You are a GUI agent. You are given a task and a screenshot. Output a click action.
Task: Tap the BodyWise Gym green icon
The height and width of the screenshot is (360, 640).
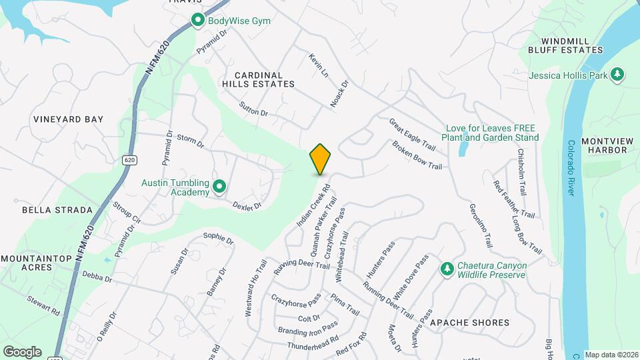[197, 21]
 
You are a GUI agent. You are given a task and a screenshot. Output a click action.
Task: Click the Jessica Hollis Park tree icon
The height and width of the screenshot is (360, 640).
[618, 75]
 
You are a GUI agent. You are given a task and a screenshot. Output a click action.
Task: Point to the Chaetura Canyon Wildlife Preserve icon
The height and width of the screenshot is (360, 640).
[447, 270]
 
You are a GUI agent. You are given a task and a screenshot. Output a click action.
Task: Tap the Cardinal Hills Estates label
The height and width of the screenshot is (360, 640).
[258, 79]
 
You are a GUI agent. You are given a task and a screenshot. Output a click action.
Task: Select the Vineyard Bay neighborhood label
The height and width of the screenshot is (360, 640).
[69, 119]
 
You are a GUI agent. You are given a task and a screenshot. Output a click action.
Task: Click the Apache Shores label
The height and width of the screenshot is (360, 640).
[470, 323]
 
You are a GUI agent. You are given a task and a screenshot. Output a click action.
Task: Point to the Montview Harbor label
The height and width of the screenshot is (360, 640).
[604, 145]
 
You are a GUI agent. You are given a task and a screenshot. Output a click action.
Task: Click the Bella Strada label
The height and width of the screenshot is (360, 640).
[57, 210]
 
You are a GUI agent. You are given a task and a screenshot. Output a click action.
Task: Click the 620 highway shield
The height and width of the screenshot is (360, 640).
[129, 160]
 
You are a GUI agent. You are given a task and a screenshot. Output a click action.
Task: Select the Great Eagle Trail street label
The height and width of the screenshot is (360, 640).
[412, 134]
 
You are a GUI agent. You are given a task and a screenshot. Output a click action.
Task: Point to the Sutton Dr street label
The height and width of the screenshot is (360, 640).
[254, 109]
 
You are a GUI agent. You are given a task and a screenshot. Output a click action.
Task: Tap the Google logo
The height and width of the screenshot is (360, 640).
[23, 351]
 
